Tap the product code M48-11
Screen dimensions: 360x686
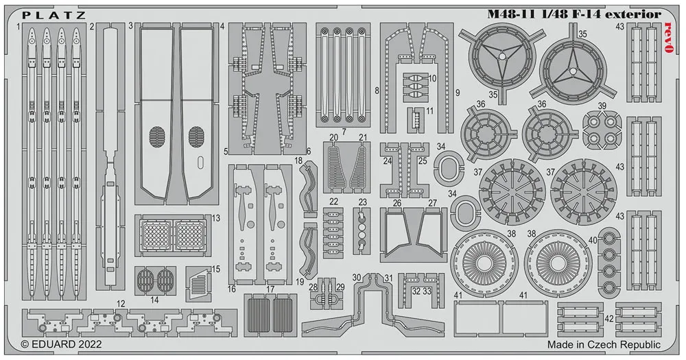click(511, 14)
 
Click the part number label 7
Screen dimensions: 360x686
click(342, 130)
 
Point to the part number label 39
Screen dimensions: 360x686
click(602, 106)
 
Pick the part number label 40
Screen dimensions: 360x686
click(592, 240)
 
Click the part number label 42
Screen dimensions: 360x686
click(609, 317)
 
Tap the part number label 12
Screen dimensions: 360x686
click(121, 302)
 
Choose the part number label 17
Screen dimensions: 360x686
click(270, 289)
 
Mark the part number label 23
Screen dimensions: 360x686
click(362, 202)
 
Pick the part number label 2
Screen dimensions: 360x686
click(91, 27)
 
